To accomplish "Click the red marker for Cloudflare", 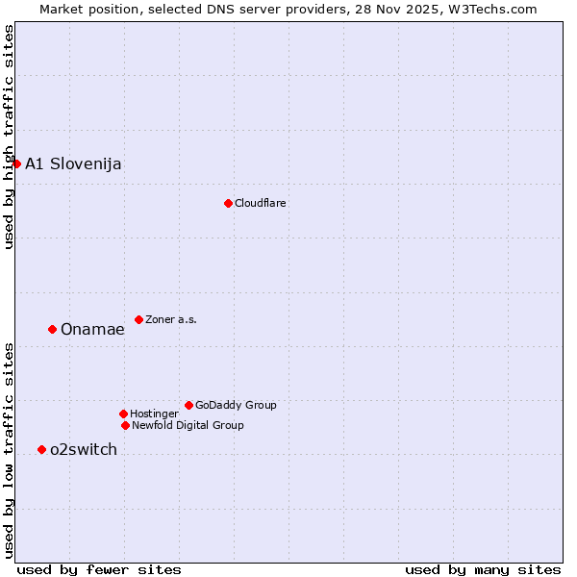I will pos(228,203).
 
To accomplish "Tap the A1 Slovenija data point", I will pos(16,163).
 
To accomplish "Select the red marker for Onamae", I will pos(52,329).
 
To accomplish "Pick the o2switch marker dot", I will pos(41,449).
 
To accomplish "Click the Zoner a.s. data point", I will pos(138,319).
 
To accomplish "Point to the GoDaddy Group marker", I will pos(188,405).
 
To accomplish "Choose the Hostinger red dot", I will pos(123,414).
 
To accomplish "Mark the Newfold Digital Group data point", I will pos(125,425).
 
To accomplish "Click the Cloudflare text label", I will pos(261,203).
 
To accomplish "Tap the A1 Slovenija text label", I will pos(73,163).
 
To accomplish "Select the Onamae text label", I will pos(92,329).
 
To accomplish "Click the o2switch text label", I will pos(84,449).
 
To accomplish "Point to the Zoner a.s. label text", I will pos(171,319).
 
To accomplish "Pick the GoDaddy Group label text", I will pos(236,405).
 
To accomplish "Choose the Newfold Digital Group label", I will pos(188,425).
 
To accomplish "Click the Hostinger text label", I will pos(154,414).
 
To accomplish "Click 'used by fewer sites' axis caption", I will pos(99,569).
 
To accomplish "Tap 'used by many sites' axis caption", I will pos(483,569).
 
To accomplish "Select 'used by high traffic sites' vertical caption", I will pos(9,137).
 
